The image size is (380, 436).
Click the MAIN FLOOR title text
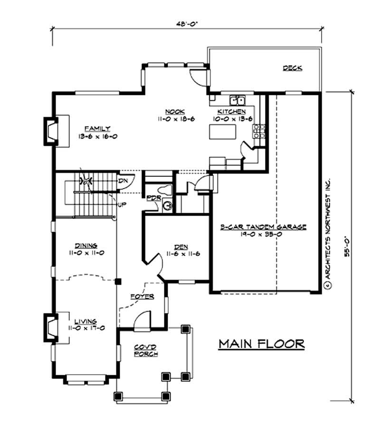pyautogui.click(x=261, y=343)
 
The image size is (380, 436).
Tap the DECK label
pyautogui.click(x=293, y=68)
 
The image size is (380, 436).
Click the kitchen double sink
pyautogui.click(x=237, y=100)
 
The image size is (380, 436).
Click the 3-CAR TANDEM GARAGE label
pyautogui.click(x=264, y=227)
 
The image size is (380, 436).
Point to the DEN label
pyautogui.click(x=180, y=247)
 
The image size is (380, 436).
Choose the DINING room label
pyautogui.click(x=86, y=246)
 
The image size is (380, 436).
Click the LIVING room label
pyautogui.click(x=85, y=321)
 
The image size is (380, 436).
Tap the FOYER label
pyautogui.click(x=142, y=297)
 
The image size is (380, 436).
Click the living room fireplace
pyautogui.click(x=50, y=327)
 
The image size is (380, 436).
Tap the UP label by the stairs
pyautogui.click(x=122, y=205)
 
